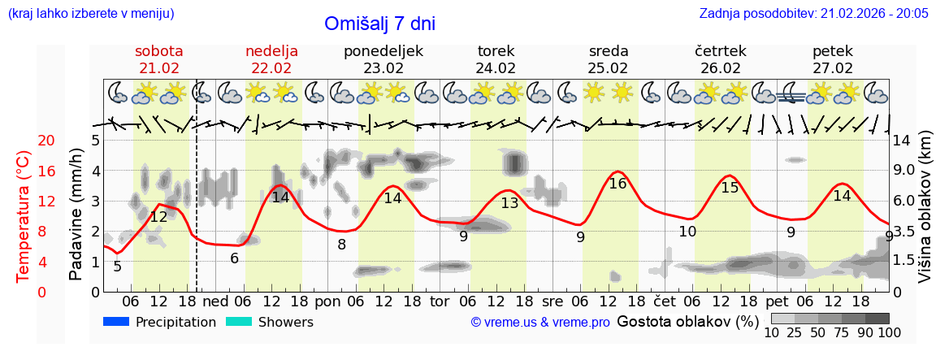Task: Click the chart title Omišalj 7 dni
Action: click(379, 24)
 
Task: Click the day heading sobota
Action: click(159, 51)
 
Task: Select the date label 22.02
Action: click(271, 68)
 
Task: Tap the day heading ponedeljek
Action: click(383, 51)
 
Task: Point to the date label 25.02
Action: click(608, 68)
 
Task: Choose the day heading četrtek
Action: click(721, 51)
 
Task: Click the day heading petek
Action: click(833, 51)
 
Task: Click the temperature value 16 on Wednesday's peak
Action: click(617, 184)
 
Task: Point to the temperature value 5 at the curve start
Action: click(117, 267)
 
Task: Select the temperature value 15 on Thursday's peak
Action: click(730, 188)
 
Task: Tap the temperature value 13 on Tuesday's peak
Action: click(509, 203)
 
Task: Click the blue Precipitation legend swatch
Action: click(116, 322)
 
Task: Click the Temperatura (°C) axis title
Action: click(24, 216)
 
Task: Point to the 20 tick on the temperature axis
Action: click(24, 141)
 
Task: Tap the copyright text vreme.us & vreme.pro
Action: click(540, 323)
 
